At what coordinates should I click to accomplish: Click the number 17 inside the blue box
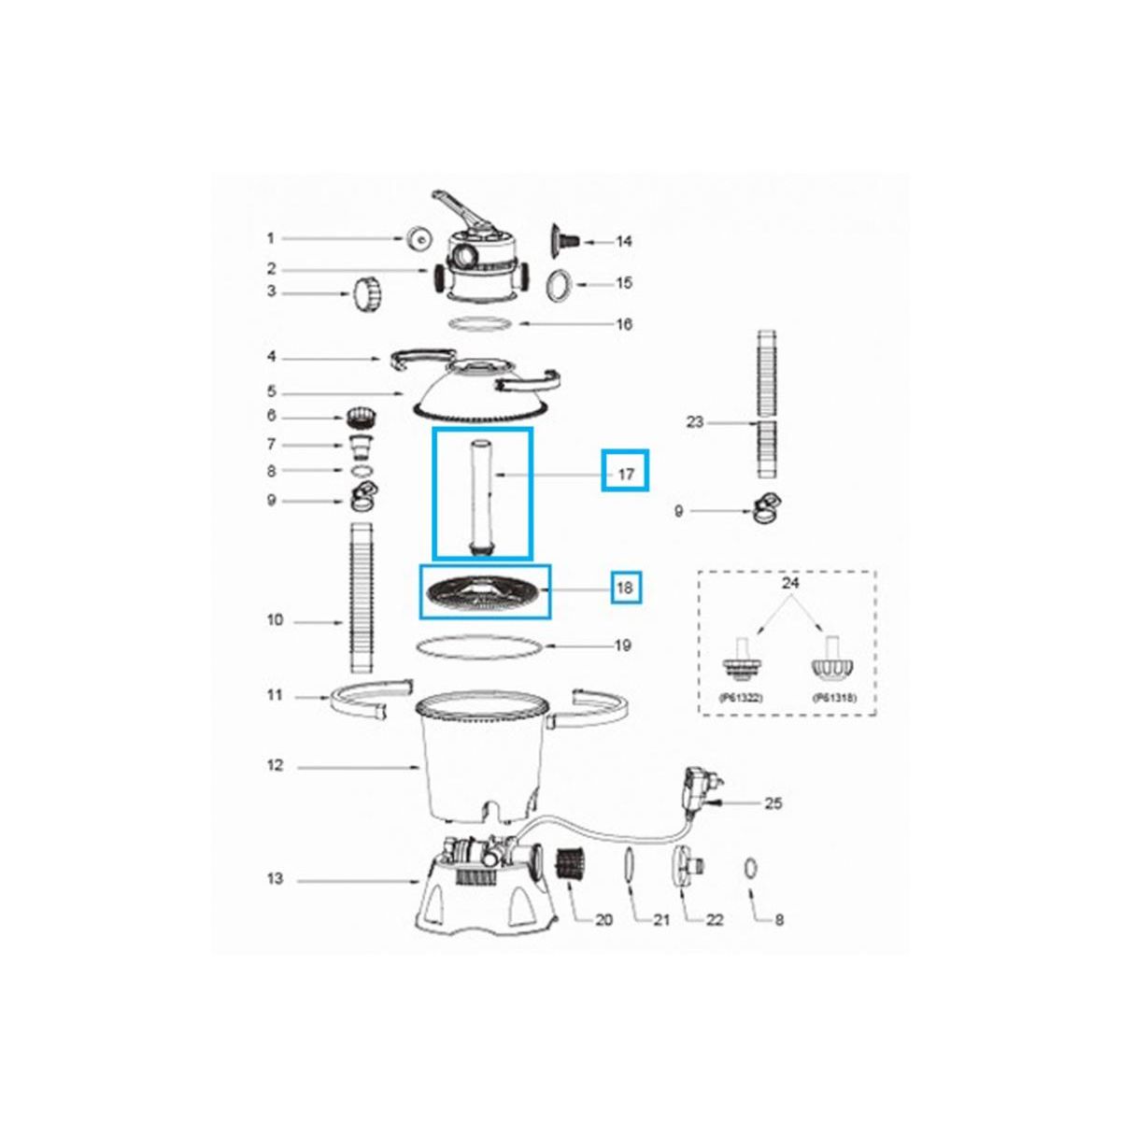pos(626,475)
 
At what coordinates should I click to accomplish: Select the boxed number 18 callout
pos(625,589)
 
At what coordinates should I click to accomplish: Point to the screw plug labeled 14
pos(563,240)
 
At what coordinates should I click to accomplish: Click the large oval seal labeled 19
pos(478,646)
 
